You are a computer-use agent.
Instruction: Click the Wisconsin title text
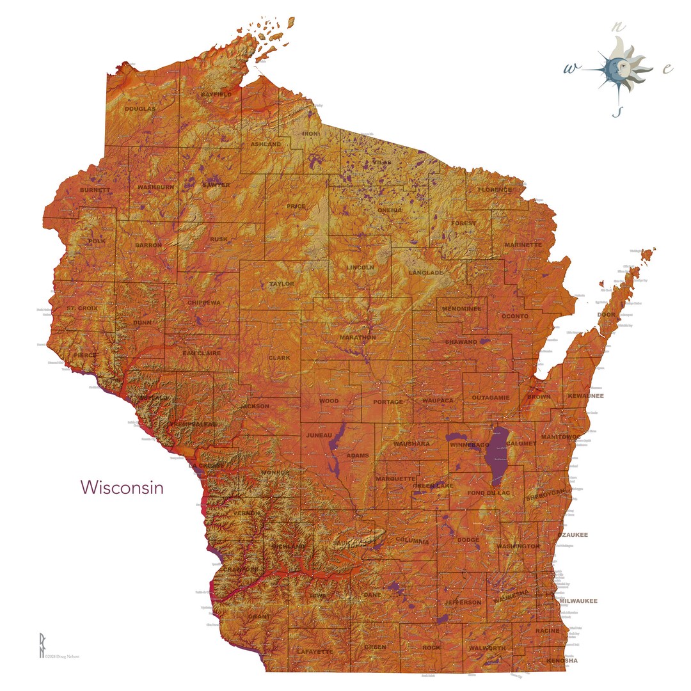pos(122,488)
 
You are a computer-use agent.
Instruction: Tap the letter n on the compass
pos(617,28)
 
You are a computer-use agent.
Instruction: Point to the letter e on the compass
pos(667,69)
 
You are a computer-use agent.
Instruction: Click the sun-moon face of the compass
pos(617,68)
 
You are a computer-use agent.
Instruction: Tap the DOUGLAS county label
pos(139,109)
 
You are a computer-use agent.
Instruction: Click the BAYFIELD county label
pos(216,95)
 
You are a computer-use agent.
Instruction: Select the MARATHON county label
pos(358,337)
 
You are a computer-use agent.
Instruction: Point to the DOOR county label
pos(606,315)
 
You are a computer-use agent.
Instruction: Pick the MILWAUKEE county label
pos(578,601)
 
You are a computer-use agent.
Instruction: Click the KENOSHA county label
pos(562,660)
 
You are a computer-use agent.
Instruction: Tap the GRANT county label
pos(259,617)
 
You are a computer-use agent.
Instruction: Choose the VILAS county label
pos(381,163)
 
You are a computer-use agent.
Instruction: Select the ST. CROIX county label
pos(83,309)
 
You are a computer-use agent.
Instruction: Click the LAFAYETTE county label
pos(315,651)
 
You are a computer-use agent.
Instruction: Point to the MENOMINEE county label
pos(461,309)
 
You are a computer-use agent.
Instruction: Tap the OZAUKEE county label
pos(572,535)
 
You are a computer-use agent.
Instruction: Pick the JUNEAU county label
pos(319,436)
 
